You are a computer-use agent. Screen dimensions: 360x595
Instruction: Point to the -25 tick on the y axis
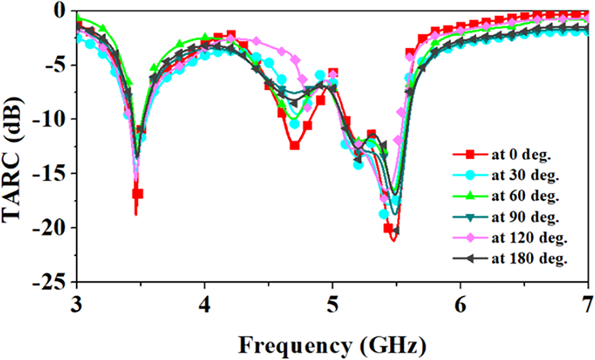click(50, 283)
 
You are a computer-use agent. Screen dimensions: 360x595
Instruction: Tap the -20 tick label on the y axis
click(50, 228)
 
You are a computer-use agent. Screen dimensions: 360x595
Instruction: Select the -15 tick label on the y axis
click(50, 174)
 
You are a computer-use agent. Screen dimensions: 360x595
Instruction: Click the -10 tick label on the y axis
click(50, 119)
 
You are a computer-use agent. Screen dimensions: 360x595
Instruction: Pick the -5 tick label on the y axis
click(54, 65)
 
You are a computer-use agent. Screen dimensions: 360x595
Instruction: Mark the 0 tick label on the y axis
click(60, 10)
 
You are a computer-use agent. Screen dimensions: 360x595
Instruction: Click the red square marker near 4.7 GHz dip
click(295, 146)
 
